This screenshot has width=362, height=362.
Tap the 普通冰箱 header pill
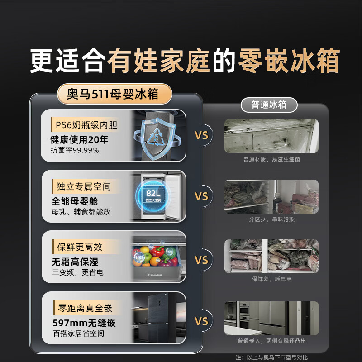click(x=269, y=105)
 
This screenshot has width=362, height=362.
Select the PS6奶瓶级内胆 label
click(x=86, y=125)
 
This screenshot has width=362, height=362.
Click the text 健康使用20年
click(x=79, y=139)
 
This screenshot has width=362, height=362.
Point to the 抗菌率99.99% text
click(x=74, y=150)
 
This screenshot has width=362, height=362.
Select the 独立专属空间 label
click(x=84, y=186)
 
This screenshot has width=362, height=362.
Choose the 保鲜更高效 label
click(x=80, y=247)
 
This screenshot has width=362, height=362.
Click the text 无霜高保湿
click(x=74, y=262)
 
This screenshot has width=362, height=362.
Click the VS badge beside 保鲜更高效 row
click(x=201, y=260)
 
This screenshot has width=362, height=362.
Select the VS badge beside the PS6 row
click(x=201, y=135)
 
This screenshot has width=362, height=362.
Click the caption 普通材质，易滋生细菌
click(x=271, y=159)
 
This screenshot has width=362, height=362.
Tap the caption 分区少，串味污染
click(x=271, y=219)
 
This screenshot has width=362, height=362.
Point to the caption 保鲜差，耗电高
click(x=271, y=279)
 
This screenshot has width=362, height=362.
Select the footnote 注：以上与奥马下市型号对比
click(x=272, y=357)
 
